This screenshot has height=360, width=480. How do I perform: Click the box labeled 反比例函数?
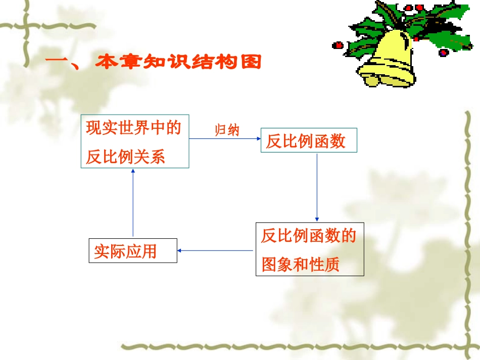308,141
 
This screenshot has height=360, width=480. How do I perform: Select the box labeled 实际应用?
133,250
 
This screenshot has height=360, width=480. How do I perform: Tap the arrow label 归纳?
227,130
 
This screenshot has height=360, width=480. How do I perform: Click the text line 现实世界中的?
133,128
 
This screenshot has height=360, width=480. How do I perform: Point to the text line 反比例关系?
125,157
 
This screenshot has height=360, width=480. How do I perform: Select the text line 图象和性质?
300,265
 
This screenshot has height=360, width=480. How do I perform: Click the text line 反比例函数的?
309,236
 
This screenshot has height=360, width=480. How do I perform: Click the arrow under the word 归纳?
224,138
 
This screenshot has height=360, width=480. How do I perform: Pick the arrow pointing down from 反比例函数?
317,187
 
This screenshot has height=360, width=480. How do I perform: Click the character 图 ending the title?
251,63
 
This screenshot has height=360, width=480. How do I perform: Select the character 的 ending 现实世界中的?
173,128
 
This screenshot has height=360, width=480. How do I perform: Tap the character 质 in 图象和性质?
331,265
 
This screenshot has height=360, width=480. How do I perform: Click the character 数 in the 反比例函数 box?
338,141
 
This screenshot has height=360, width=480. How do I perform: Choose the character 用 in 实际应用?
149,251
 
